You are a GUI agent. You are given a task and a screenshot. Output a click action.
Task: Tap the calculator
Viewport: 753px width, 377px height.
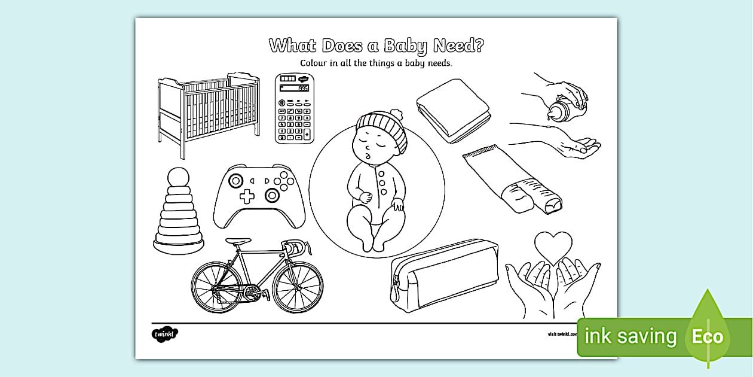click(x=294, y=108)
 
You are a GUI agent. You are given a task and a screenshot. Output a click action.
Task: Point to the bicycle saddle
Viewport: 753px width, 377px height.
click(x=238, y=242)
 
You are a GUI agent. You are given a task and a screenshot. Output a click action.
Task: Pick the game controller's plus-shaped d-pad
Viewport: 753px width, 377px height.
click(x=247, y=196)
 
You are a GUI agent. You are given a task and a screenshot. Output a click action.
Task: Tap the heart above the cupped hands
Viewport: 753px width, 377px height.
click(x=553, y=247)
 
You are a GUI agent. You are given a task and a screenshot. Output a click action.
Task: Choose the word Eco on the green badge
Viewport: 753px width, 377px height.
click(x=708, y=337)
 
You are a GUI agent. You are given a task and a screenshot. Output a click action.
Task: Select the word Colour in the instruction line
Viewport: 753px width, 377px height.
click(x=317, y=63)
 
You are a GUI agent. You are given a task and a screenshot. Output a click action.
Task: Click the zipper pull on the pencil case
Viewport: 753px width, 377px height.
click(x=395, y=291)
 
